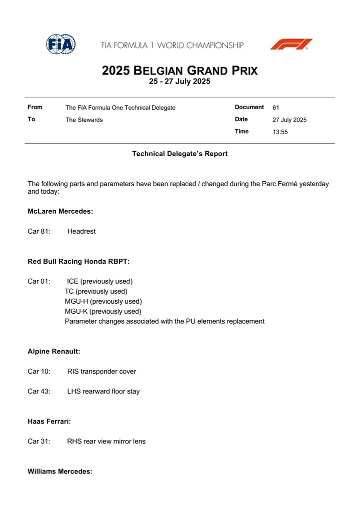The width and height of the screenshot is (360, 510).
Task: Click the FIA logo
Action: tap(60, 45)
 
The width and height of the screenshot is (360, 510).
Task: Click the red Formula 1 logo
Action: tap(291, 45)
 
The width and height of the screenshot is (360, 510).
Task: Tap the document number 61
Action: tap(276, 108)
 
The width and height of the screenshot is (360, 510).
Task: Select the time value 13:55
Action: tap(280, 132)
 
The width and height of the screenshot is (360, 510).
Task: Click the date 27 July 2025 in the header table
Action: tap(289, 120)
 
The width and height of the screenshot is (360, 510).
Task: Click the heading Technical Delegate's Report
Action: tap(179, 154)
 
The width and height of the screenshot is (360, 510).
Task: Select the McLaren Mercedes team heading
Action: tap(60, 212)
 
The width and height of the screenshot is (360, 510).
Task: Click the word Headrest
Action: tap(81, 232)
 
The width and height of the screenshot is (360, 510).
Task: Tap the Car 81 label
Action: tap(39, 232)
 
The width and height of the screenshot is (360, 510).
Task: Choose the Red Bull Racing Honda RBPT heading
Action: tap(78, 261)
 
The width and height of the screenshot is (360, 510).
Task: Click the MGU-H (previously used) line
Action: tap(103, 301)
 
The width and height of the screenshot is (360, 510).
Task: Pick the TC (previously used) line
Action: tap(96, 291)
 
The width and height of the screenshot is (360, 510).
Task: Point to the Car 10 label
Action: tap(39, 372)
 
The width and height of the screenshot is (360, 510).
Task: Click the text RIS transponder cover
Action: tap(101, 372)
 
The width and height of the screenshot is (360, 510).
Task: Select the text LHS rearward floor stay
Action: tap(103, 392)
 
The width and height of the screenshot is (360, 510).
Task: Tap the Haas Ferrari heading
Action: tap(49, 422)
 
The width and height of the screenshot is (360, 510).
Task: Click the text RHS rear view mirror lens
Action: tap(106, 441)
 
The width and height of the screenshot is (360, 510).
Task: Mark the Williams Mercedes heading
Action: tap(60, 471)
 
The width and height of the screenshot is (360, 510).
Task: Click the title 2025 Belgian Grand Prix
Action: tap(179, 71)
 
